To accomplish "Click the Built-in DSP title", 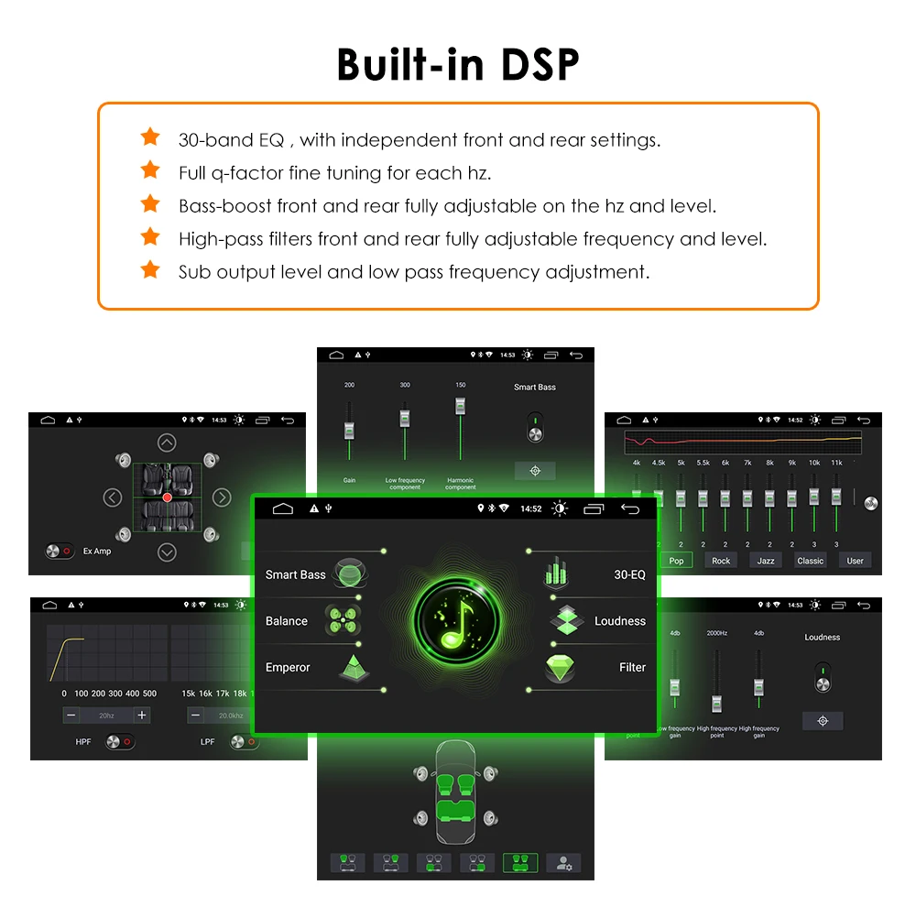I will click(458, 64).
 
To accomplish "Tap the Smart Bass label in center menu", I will click(295, 574).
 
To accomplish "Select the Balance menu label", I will click(286, 621).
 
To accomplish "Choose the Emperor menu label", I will click(288, 668).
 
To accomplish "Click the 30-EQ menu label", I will click(629, 574).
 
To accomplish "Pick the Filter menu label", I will click(632, 668).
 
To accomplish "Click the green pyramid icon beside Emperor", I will click(353, 668).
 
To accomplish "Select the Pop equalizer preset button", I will click(676, 561).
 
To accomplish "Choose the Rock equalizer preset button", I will click(721, 561).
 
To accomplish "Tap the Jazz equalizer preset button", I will click(766, 561).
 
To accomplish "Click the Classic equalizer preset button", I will click(811, 561).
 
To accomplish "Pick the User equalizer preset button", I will click(855, 561).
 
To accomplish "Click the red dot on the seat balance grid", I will click(167, 497).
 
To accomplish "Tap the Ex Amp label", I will click(96, 552).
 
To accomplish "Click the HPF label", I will click(83, 741).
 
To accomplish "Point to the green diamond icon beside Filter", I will click(560, 667).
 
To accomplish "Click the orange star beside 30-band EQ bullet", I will click(150, 137).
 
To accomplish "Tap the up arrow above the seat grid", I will click(167, 443).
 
